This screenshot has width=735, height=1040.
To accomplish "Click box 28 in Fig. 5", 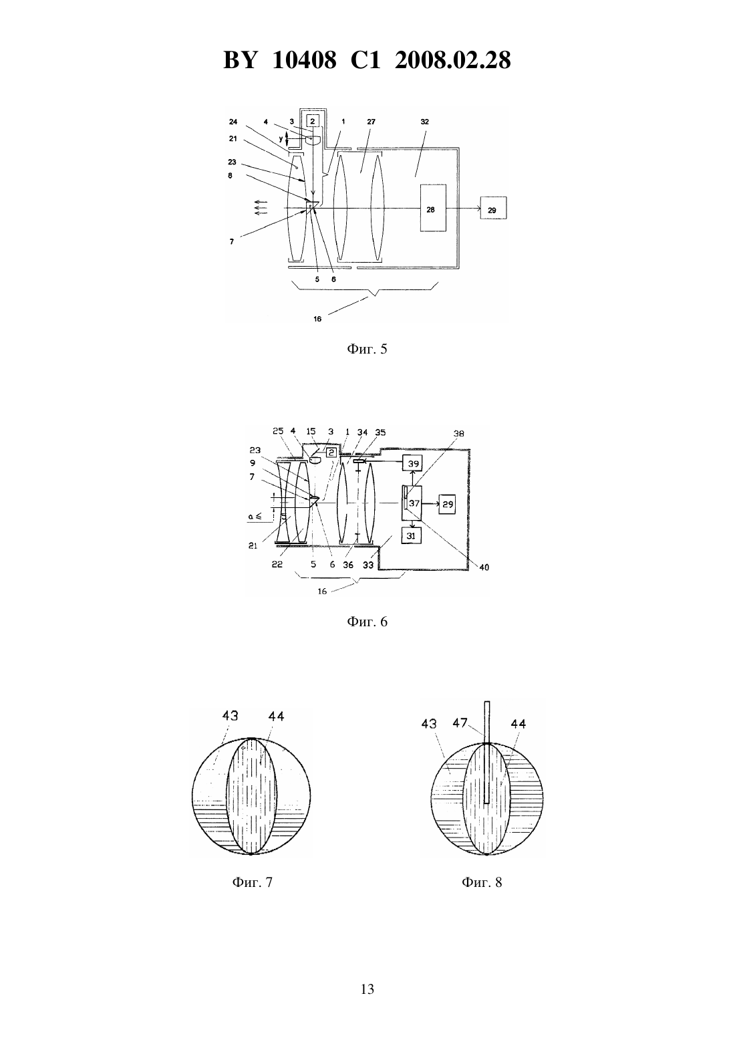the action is [x=433, y=208].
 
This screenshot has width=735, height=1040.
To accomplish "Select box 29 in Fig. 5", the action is [x=493, y=208].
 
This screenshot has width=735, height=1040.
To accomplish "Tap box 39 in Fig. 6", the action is [x=412, y=463].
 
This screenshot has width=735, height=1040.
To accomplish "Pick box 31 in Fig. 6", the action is [x=411, y=535].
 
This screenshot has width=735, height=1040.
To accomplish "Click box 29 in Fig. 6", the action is [x=447, y=504].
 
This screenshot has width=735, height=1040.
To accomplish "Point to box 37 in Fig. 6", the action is [x=412, y=503].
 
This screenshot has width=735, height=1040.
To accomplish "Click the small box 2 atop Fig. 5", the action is [x=313, y=121].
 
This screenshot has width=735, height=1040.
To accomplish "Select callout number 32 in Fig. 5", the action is [x=424, y=122].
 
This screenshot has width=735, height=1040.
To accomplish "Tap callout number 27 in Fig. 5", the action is [x=372, y=122].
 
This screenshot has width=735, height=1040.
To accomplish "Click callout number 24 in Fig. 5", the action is [x=233, y=122].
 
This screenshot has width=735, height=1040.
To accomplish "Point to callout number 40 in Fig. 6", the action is [x=484, y=567].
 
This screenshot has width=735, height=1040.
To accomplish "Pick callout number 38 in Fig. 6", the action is [x=458, y=434].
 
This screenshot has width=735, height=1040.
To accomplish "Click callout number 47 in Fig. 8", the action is [x=460, y=723].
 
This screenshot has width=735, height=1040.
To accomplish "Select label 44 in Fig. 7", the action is [x=276, y=716].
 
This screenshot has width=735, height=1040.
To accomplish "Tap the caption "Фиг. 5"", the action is [x=367, y=349].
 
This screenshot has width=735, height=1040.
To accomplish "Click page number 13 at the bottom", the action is [x=367, y=989].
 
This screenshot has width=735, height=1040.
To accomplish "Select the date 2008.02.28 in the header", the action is [x=453, y=60].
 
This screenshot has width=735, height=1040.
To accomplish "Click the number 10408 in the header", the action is [x=304, y=60].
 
